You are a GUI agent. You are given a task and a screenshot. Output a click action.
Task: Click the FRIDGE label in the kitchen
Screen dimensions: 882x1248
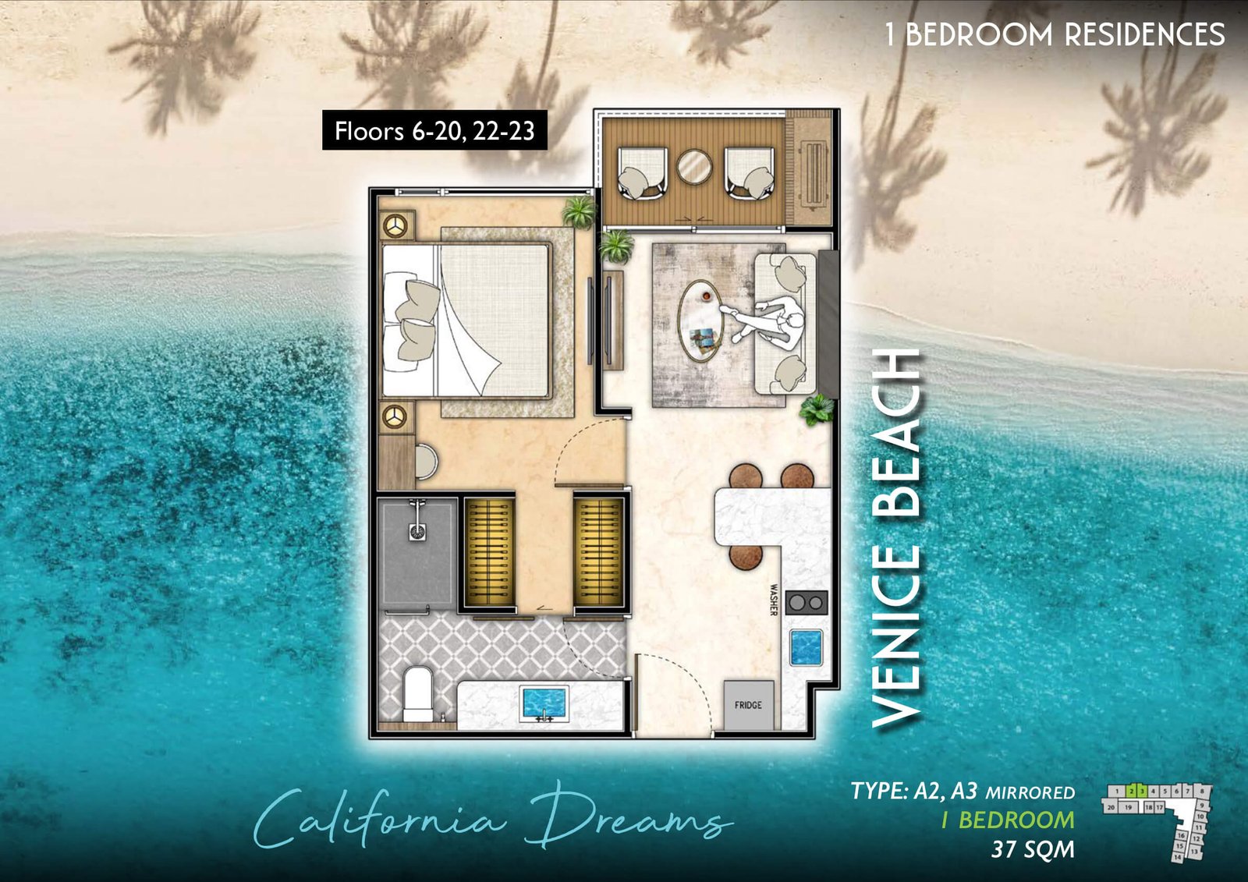[748, 705]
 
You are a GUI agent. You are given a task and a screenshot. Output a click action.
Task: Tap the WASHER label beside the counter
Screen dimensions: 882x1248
[774, 600]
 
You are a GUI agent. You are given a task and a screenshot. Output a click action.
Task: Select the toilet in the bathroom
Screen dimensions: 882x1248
[417, 692]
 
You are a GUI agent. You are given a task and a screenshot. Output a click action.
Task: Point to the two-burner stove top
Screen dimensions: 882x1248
[807, 602]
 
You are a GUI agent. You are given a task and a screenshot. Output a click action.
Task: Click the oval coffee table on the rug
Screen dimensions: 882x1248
[700, 321]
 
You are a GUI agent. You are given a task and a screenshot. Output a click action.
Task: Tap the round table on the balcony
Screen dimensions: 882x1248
[693, 167]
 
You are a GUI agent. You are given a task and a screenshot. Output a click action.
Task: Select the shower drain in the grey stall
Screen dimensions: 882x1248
[418, 533]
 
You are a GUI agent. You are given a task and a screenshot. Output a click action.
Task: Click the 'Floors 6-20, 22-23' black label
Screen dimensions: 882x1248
[434, 130]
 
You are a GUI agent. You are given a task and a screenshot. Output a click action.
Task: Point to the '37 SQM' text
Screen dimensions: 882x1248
[1032, 849]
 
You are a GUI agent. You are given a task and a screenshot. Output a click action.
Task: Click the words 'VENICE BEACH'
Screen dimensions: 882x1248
[897, 538]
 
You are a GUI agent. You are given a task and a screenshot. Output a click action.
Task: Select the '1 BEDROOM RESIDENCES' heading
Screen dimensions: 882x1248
[1055, 34]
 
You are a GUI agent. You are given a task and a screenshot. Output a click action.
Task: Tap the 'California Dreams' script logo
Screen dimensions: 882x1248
[491, 819]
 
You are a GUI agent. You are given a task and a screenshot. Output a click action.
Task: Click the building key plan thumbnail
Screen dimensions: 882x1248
[1158, 820]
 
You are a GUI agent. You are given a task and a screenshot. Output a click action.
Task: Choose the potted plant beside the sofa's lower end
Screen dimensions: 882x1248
[817, 409]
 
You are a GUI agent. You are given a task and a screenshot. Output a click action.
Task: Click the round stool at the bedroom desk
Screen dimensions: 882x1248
[426, 461]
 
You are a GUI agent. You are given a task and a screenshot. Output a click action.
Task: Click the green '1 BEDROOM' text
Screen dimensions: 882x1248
[1007, 820]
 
